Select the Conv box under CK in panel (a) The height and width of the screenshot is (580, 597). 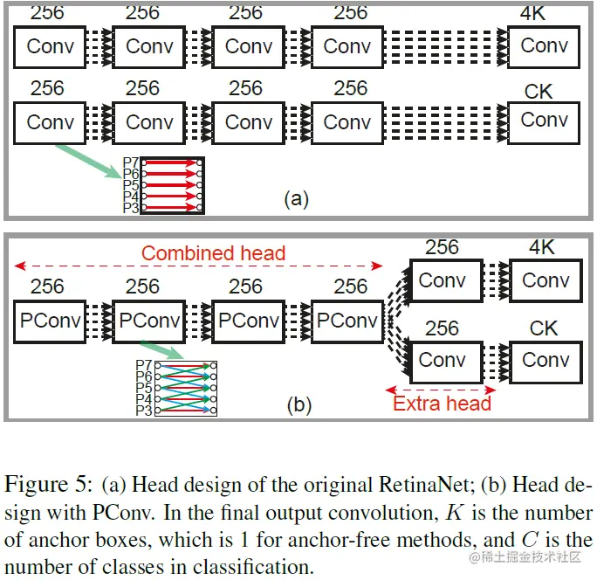click(544, 121)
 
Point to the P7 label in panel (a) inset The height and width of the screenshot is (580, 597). click(131, 162)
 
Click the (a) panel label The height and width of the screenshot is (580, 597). click(296, 198)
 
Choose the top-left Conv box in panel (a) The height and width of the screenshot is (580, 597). click(50, 47)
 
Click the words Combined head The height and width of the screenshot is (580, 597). click(213, 253)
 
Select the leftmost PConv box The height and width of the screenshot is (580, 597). click(50, 321)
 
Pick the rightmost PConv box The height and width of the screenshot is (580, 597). click(347, 321)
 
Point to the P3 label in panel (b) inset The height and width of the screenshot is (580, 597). click(144, 410)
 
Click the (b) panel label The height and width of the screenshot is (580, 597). click(297, 404)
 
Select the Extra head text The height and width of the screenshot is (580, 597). click(442, 403)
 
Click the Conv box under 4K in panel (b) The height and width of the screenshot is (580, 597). click(545, 280)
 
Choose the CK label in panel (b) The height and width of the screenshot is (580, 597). click(544, 328)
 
